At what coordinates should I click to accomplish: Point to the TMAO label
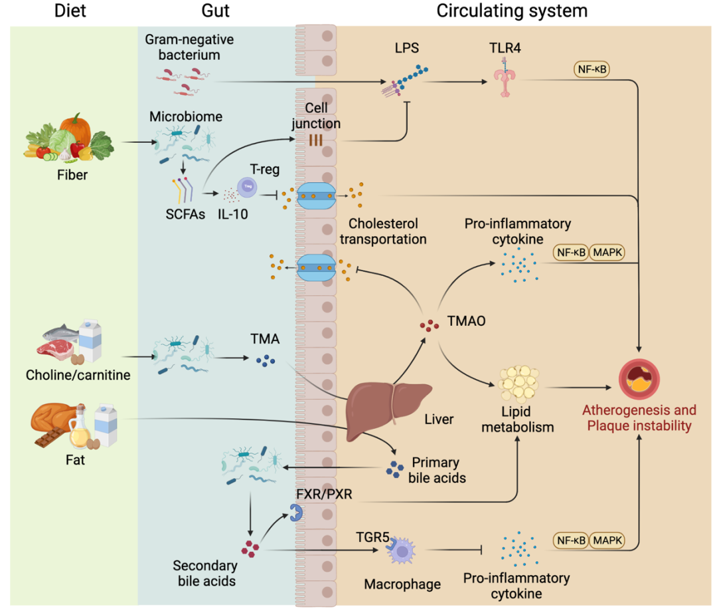click(467, 321)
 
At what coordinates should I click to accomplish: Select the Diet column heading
click(72, 11)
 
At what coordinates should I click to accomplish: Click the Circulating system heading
click(512, 11)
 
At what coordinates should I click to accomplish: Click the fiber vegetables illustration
click(70, 139)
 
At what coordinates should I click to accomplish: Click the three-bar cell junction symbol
click(315, 140)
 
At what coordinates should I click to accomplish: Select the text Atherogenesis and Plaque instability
click(639, 418)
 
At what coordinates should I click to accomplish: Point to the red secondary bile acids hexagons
click(250, 548)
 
